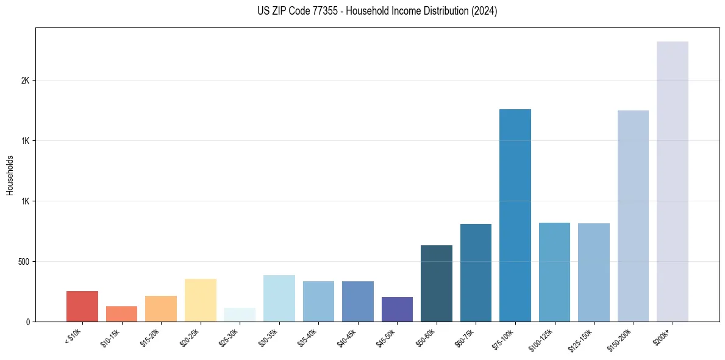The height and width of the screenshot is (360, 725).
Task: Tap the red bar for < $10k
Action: pyautogui.click(x=82, y=306)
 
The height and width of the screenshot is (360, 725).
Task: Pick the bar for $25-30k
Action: pyautogui.click(x=240, y=315)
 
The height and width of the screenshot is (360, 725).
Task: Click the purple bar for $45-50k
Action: pyautogui.click(x=397, y=309)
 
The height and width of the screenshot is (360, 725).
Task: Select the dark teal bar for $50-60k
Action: pyautogui.click(x=437, y=283)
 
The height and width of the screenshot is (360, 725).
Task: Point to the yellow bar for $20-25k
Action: pyautogui.click(x=201, y=300)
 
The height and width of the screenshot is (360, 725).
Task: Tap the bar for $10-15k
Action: pyautogui.click(x=121, y=314)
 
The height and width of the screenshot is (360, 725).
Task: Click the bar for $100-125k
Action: pyautogui.click(x=554, y=272)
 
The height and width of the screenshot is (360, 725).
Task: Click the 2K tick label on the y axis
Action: pyautogui.click(x=25, y=81)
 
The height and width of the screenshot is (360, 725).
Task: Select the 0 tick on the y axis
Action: pyautogui.click(x=27, y=322)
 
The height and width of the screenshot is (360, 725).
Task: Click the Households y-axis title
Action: pyautogui.click(x=10, y=175)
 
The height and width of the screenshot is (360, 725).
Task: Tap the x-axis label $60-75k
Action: pyautogui.click(x=465, y=337)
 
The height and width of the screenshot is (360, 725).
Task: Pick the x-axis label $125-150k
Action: pyautogui.click(x=580, y=339)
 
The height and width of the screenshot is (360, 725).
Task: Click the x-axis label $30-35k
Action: pyautogui.click(x=268, y=337)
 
